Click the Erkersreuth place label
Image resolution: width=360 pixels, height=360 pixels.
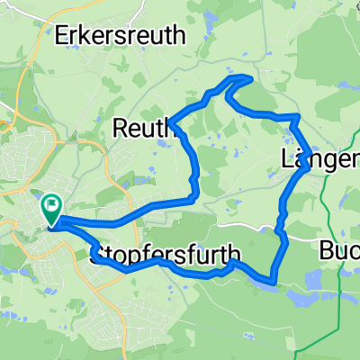point(121,36)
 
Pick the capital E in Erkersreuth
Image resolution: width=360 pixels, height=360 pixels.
point(63,36)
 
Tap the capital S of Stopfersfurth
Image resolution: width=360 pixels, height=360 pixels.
point(97,254)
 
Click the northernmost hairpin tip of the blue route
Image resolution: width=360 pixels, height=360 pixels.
point(243,78)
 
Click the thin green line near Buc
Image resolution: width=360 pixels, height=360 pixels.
point(339,297)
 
